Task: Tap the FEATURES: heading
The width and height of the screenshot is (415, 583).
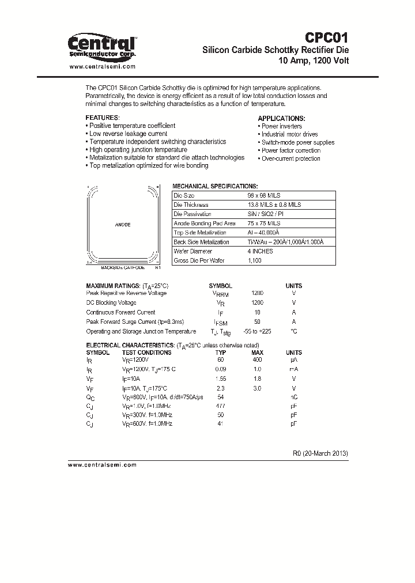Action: [102, 118]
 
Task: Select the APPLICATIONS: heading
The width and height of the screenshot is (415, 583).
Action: [280, 118]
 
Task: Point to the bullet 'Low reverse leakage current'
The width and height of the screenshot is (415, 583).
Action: [128, 134]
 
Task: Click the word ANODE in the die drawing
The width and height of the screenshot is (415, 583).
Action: [123, 224]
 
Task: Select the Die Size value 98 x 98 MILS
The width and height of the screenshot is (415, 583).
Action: [263, 196]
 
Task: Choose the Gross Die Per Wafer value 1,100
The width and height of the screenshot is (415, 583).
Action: [254, 260]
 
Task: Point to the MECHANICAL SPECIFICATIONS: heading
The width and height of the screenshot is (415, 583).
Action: [215, 187]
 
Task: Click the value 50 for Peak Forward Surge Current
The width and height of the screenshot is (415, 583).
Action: [257, 321]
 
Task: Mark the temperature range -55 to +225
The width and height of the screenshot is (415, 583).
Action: [257, 331]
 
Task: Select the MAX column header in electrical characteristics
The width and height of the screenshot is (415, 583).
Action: [257, 352]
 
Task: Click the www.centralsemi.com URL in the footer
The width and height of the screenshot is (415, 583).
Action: [102, 464]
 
